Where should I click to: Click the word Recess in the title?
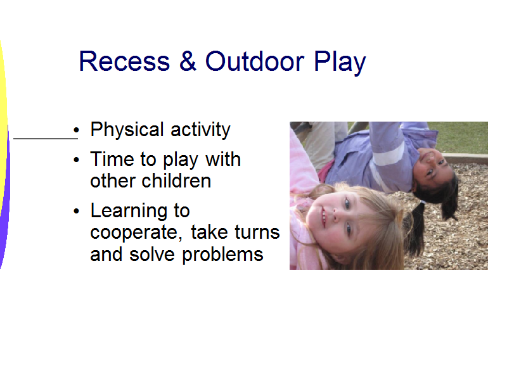(x=124, y=61)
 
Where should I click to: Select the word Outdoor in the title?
(x=255, y=61)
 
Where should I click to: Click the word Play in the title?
(x=340, y=63)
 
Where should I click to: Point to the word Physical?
(x=127, y=130)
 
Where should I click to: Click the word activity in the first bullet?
(x=200, y=130)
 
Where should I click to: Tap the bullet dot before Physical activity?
(x=76, y=130)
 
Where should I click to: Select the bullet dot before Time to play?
(x=76, y=160)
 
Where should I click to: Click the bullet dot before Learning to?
(x=76, y=212)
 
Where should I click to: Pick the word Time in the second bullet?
(x=112, y=160)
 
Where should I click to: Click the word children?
(x=176, y=180)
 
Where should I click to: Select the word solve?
(x=152, y=254)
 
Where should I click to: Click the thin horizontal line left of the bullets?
(x=46, y=139)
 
